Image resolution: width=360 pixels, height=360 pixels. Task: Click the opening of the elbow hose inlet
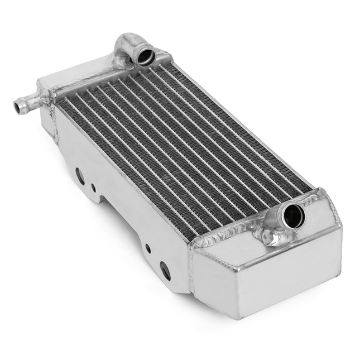point(147,55)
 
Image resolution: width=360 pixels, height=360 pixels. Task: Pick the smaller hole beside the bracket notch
point(93,188)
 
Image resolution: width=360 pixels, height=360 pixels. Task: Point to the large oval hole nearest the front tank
point(165,270)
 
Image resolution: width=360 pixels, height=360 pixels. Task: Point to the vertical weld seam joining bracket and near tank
point(190,273)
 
